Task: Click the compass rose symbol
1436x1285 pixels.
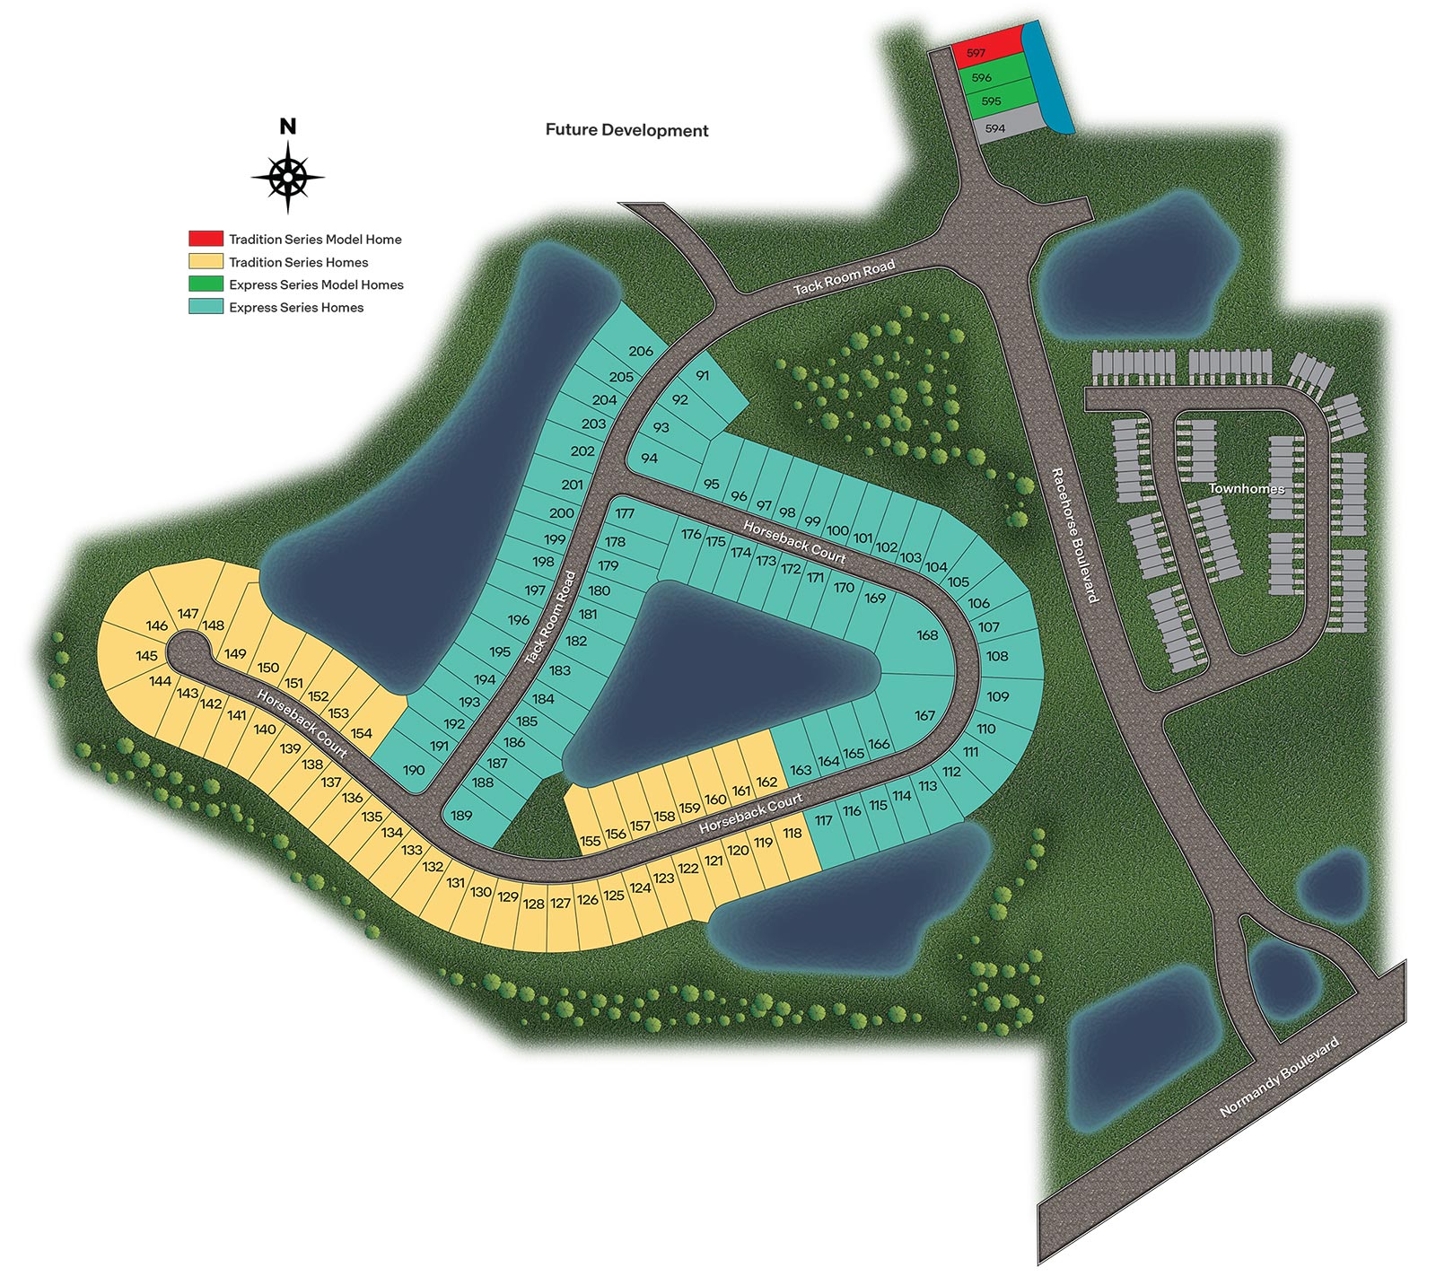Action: point(287,177)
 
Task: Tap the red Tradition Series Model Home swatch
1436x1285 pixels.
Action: point(206,239)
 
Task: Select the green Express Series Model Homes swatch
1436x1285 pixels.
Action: point(206,284)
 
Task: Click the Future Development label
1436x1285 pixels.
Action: point(626,130)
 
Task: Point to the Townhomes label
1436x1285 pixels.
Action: point(1246,488)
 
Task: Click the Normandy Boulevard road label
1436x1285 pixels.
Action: point(1279,1076)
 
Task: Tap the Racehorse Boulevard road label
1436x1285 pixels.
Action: point(1074,535)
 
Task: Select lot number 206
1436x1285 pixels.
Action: point(641,351)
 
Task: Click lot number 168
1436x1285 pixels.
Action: point(927,635)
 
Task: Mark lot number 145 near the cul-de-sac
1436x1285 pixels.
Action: point(147,656)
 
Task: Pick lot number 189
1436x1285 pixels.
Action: point(461,816)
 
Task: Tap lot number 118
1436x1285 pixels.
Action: point(792,834)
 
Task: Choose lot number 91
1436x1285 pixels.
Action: point(702,376)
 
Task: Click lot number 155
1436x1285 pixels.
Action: point(590,841)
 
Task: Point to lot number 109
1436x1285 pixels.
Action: point(998,696)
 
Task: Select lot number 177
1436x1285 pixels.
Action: point(625,514)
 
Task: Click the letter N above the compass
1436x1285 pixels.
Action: point(287,127)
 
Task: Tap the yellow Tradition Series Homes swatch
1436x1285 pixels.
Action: point(206,261)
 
